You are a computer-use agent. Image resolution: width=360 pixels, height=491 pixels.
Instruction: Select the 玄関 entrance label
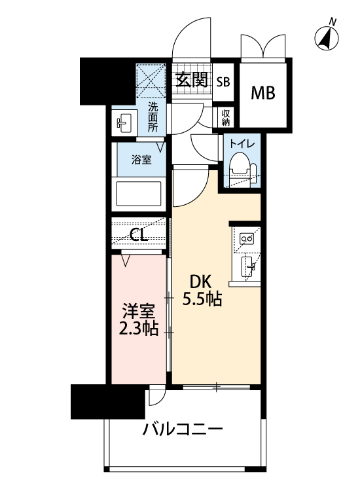point(191,81)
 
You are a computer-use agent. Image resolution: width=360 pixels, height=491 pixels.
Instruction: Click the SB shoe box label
point(223,82)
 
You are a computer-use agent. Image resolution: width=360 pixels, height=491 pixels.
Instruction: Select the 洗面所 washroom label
point(153,117)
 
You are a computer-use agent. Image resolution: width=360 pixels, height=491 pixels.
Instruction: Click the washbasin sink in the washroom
point(123,122)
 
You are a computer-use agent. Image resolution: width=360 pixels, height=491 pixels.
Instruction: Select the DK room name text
point(200,282)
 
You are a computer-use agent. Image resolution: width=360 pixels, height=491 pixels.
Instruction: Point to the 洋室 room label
point(139,310)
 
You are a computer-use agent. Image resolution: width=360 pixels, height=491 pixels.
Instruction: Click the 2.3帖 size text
point(139,329)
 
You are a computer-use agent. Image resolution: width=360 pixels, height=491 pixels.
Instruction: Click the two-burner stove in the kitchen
point(248,240)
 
